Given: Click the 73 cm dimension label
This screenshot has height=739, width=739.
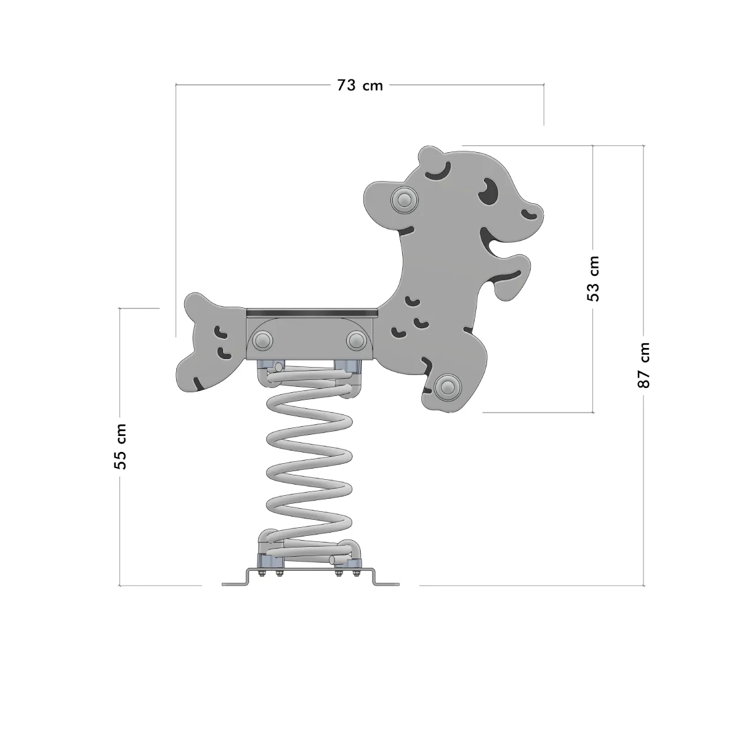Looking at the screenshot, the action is [x=360, y=85].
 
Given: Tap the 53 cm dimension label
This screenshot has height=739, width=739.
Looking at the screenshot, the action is [x=593, y=278].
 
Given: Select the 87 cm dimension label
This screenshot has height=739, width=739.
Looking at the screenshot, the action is [x=644, y=365].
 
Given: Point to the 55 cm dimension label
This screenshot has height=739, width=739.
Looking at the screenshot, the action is [x=120, y=446].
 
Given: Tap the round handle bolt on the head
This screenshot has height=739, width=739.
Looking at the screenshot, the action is [x=404, y=200].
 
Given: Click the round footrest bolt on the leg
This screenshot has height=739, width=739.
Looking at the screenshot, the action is [x=448, y=386].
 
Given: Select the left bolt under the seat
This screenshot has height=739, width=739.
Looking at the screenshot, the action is [x=263, y=341].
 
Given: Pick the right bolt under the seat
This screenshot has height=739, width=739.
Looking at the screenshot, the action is [x=357, y=341].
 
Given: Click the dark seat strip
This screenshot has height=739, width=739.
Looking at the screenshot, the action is [x=312, y=313].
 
